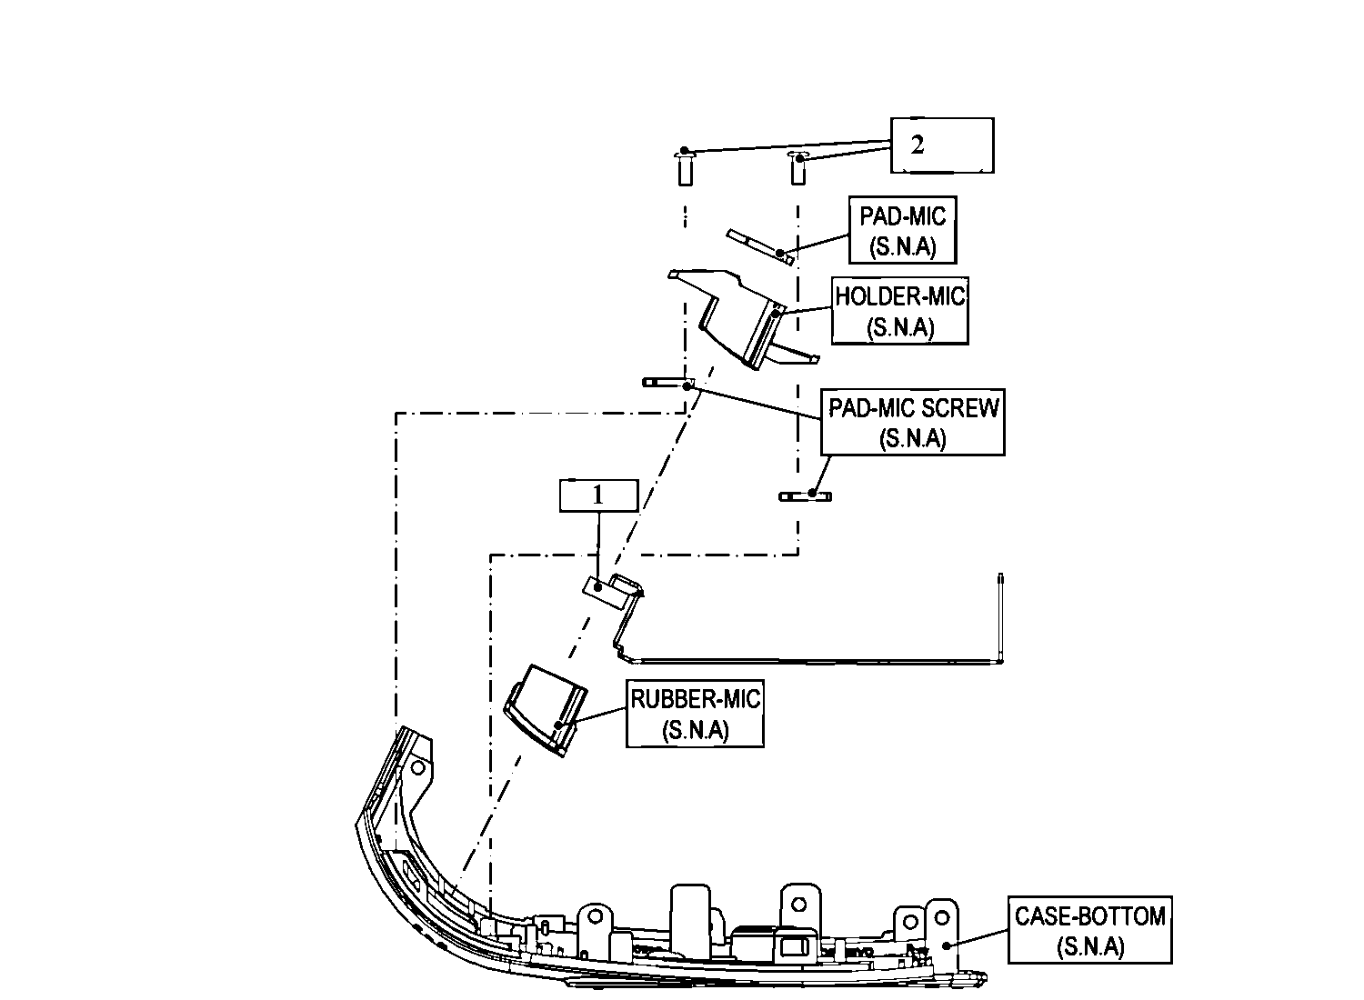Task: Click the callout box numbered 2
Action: click(x=941, y=145)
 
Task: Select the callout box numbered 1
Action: click(x=597, y=495)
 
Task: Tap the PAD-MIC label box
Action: click(x=902, y=231)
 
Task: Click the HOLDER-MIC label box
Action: click(x=899, y=311)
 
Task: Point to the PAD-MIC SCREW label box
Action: click(x=912, y=422)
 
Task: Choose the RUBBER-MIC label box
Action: click(x=695, y=715)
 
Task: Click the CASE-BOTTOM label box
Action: click(x=1089, y=930)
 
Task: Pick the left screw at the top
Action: click(x=684, y=167)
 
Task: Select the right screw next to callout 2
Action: click(x=797, y=167)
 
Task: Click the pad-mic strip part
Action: click(x=759, y=246)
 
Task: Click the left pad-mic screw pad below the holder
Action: click(x=667, y=383)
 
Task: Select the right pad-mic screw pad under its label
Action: click(x=806, y=495)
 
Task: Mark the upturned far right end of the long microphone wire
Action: click(x=999, y=582)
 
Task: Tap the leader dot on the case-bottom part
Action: click(x=947, y=945)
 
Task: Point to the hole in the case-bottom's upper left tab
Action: click(x=417, y=767)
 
